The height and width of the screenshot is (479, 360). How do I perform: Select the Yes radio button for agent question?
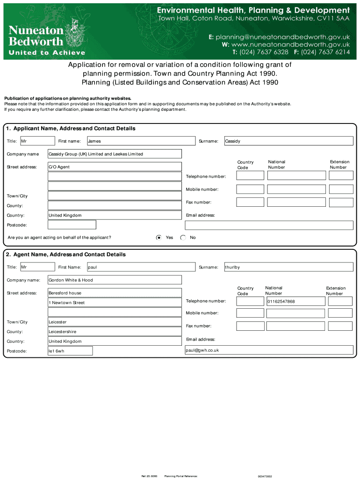159,238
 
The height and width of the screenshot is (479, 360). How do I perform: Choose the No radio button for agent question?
183,238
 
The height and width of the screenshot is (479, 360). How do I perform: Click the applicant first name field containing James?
141,141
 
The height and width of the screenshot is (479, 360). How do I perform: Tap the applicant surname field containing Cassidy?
288,141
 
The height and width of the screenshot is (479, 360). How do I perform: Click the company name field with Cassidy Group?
115,154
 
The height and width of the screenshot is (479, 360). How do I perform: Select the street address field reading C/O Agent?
115,167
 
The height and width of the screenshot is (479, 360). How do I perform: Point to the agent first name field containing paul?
141,267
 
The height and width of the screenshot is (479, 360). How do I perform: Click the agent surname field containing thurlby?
288,267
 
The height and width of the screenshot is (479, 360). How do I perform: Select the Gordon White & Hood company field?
115,280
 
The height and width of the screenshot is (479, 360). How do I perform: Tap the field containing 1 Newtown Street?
115,303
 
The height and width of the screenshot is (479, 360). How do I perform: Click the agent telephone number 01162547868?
295,301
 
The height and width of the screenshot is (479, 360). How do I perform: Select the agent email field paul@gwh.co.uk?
269,350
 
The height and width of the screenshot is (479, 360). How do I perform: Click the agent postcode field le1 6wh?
70,351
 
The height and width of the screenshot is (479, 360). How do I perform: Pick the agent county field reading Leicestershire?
115,332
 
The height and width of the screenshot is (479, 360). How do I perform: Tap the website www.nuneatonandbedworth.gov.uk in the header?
286,44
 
